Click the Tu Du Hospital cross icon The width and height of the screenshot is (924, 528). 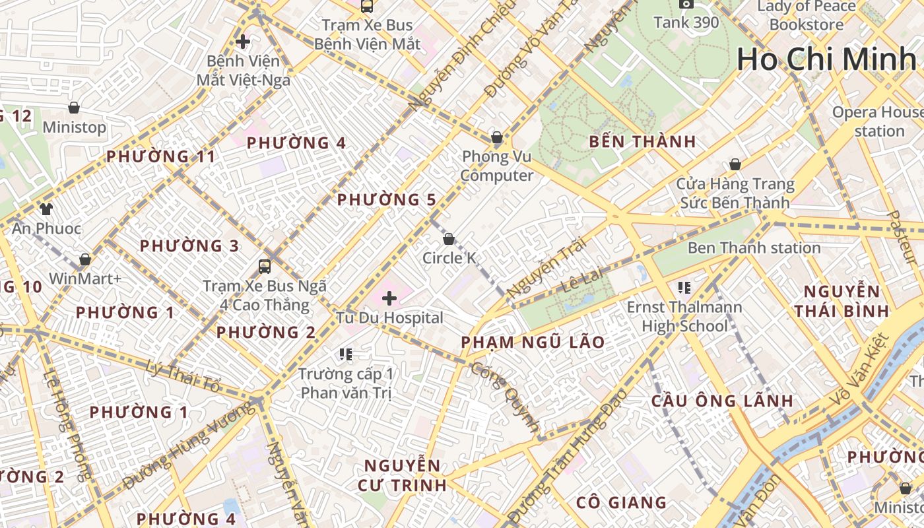point(389,298)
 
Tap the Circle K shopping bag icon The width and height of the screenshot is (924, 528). point(449,239)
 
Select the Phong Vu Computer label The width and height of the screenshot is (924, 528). point(497,166)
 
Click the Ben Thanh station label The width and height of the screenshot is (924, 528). point(754,248)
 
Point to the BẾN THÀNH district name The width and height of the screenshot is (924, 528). point(642,141)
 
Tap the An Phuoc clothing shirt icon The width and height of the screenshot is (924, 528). point(46,210)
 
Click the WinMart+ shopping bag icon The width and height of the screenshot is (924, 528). point(84,260)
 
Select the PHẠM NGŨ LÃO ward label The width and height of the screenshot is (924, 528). point(533,342)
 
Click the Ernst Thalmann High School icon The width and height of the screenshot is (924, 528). point(684,287)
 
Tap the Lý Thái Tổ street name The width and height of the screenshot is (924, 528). point(183,377)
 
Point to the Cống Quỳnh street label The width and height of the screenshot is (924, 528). point(505,396)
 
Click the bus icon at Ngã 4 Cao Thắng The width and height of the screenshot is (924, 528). point(264,267)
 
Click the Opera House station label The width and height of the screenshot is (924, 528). point(878,121)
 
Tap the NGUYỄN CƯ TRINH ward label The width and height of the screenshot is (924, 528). point(402,475)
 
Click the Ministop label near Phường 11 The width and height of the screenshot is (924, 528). point(74,127)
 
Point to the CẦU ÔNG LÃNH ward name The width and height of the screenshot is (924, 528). point(722,401)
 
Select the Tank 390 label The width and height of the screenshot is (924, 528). point(686,22)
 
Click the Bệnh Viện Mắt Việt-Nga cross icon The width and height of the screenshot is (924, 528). point(243,42)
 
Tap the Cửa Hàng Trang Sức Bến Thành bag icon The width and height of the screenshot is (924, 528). point(735,164)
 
